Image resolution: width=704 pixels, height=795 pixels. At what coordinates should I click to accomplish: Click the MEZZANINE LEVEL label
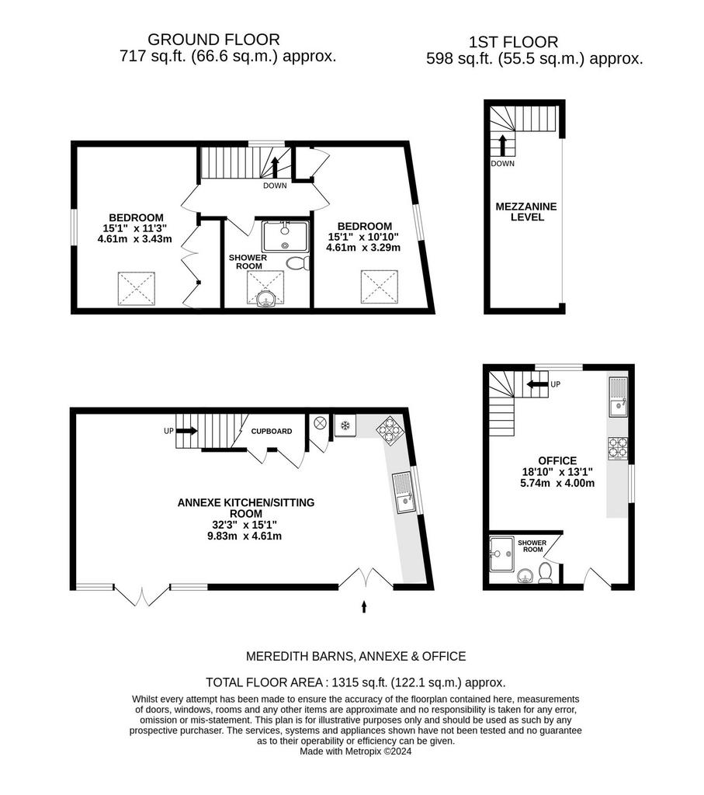tap(526, 212)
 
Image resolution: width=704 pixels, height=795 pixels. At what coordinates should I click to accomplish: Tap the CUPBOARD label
tap(272, 431)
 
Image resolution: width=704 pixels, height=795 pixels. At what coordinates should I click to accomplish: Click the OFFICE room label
tap(557, 461)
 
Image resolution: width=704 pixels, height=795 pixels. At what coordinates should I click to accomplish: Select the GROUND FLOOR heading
tap(213, 40)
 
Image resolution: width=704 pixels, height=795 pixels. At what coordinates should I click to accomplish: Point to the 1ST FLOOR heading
tap(513, 42)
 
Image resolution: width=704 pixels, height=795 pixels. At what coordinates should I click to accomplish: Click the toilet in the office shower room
tap(546, 572)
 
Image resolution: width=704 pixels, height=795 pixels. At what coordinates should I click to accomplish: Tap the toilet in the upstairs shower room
tap(297, 263)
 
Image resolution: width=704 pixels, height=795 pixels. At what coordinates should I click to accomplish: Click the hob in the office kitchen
tap(618, 448)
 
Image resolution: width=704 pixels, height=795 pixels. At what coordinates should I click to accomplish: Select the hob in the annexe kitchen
tap(390, 430)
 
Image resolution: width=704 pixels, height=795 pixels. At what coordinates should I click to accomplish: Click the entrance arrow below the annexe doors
tap(363, 607)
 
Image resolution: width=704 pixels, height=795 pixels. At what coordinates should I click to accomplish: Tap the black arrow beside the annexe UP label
tap(186, 431)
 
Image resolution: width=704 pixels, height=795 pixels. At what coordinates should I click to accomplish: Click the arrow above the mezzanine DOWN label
tap(503, 145)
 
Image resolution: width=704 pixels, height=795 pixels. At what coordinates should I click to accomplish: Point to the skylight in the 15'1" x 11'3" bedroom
tap(137, 289)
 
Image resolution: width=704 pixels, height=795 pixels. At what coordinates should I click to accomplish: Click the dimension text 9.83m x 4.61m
tap(244, 536)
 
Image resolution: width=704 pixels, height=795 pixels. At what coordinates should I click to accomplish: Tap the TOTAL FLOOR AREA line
tap(355, 682)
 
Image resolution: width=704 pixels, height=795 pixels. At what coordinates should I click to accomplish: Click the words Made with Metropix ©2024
tap(355, 752)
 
